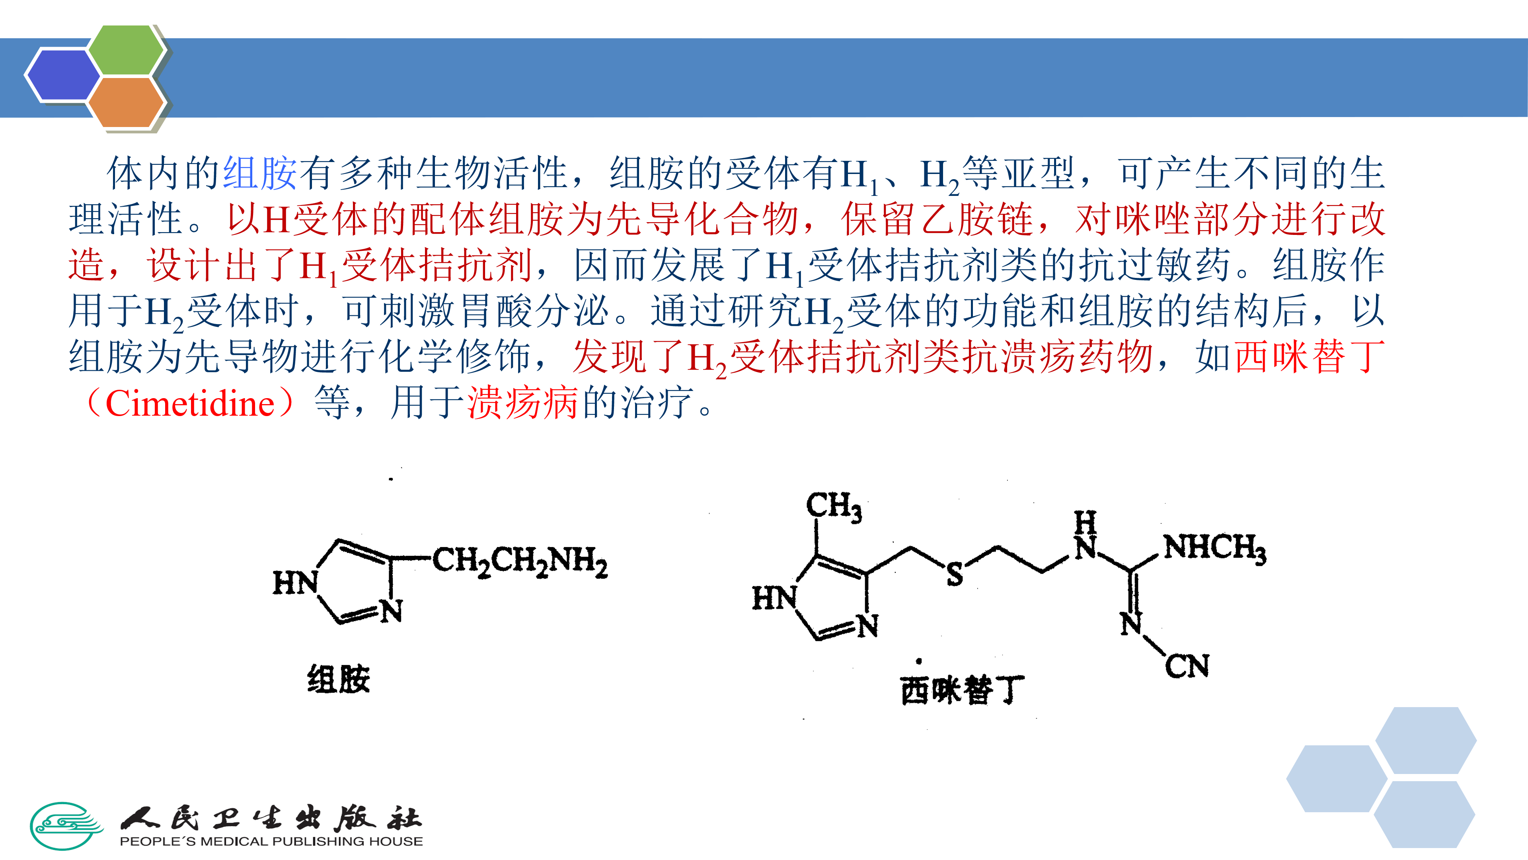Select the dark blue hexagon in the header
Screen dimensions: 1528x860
(64, 75)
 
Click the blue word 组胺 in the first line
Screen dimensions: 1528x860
(259, 173)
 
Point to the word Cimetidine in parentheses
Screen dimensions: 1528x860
(190, 404)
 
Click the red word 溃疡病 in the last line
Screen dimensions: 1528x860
(522, 404)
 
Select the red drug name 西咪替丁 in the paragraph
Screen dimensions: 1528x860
(1309, 357)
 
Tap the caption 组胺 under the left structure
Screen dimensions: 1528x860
(339, 679)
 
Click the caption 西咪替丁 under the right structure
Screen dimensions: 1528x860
(961, 690)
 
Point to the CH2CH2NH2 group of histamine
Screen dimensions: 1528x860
(520, 561)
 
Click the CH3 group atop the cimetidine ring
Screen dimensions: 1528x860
(833, 506)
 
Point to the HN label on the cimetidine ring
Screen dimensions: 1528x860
(774, 597)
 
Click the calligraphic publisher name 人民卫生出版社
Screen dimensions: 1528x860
(271, 819)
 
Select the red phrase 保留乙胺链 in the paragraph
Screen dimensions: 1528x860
(937, 219)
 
